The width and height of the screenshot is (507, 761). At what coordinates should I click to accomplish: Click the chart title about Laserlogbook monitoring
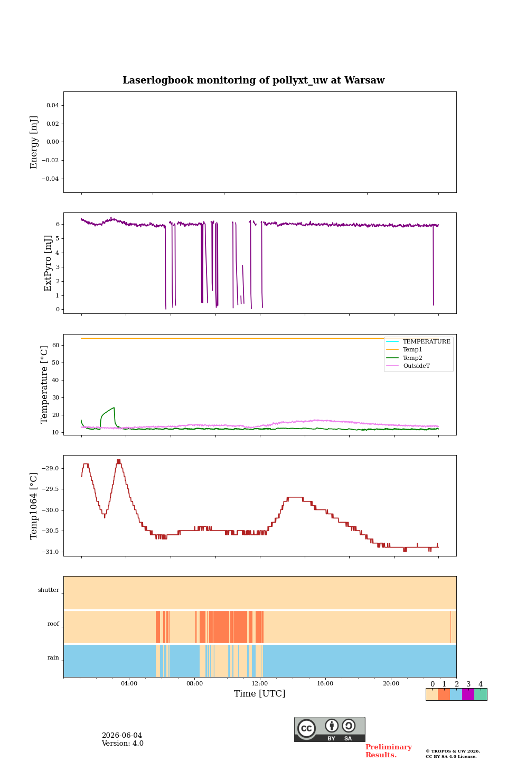pyautogui.click(x=253, y=80)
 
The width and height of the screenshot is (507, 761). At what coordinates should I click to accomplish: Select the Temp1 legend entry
pyautogui.click(x=412, y=349)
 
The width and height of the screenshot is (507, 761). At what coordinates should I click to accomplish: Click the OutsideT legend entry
pyautogui.click(x=416, y=366)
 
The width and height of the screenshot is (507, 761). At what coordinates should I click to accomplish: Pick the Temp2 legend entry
pyautogui.click(x=412, y=358)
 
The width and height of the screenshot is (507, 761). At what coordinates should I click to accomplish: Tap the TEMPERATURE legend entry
pyautogui.click(x=427, y=341)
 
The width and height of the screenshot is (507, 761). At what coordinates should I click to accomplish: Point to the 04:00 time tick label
pyautogui.click(x=129, y=683)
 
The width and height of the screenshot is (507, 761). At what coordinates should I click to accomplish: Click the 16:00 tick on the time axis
pyautogui.click(x=325, y=683)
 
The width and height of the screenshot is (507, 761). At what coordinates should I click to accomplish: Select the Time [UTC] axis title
pyautogui.click(x=259, y=693)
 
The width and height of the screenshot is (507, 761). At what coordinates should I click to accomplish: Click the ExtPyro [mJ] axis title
pyautogui.click(x=48, y=263)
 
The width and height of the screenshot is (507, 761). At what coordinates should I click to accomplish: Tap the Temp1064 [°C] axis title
pyautogui.click(x=33, y=506)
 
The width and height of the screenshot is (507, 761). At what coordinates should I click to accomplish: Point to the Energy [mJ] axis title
pyautogui.click(x=33, y=142)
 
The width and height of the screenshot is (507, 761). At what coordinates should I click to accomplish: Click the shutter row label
pyautogui.click(x=49, y=590)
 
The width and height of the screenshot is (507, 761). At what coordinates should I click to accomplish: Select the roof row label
pyautogui.click(x=53, y=624)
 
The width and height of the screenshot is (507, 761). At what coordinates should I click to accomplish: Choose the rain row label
pyautogui.click(x=53, y=657)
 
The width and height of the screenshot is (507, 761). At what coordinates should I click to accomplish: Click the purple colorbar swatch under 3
pyautogui.click(x=468, y=694)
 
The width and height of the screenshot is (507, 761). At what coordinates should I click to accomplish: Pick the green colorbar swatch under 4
pyautogui.click(x=481, y=694)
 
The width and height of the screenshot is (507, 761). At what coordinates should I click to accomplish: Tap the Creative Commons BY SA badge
pyautogui.click(x=330, y=729)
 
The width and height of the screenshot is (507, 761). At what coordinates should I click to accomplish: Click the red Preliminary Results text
pyautogui.click(x=389, y=751)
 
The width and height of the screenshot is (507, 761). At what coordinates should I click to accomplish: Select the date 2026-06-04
pyautogui.click(x=122, y=735)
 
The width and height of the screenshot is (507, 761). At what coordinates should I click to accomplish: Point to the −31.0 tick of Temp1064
pyautogui.click(x=50, y=552)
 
